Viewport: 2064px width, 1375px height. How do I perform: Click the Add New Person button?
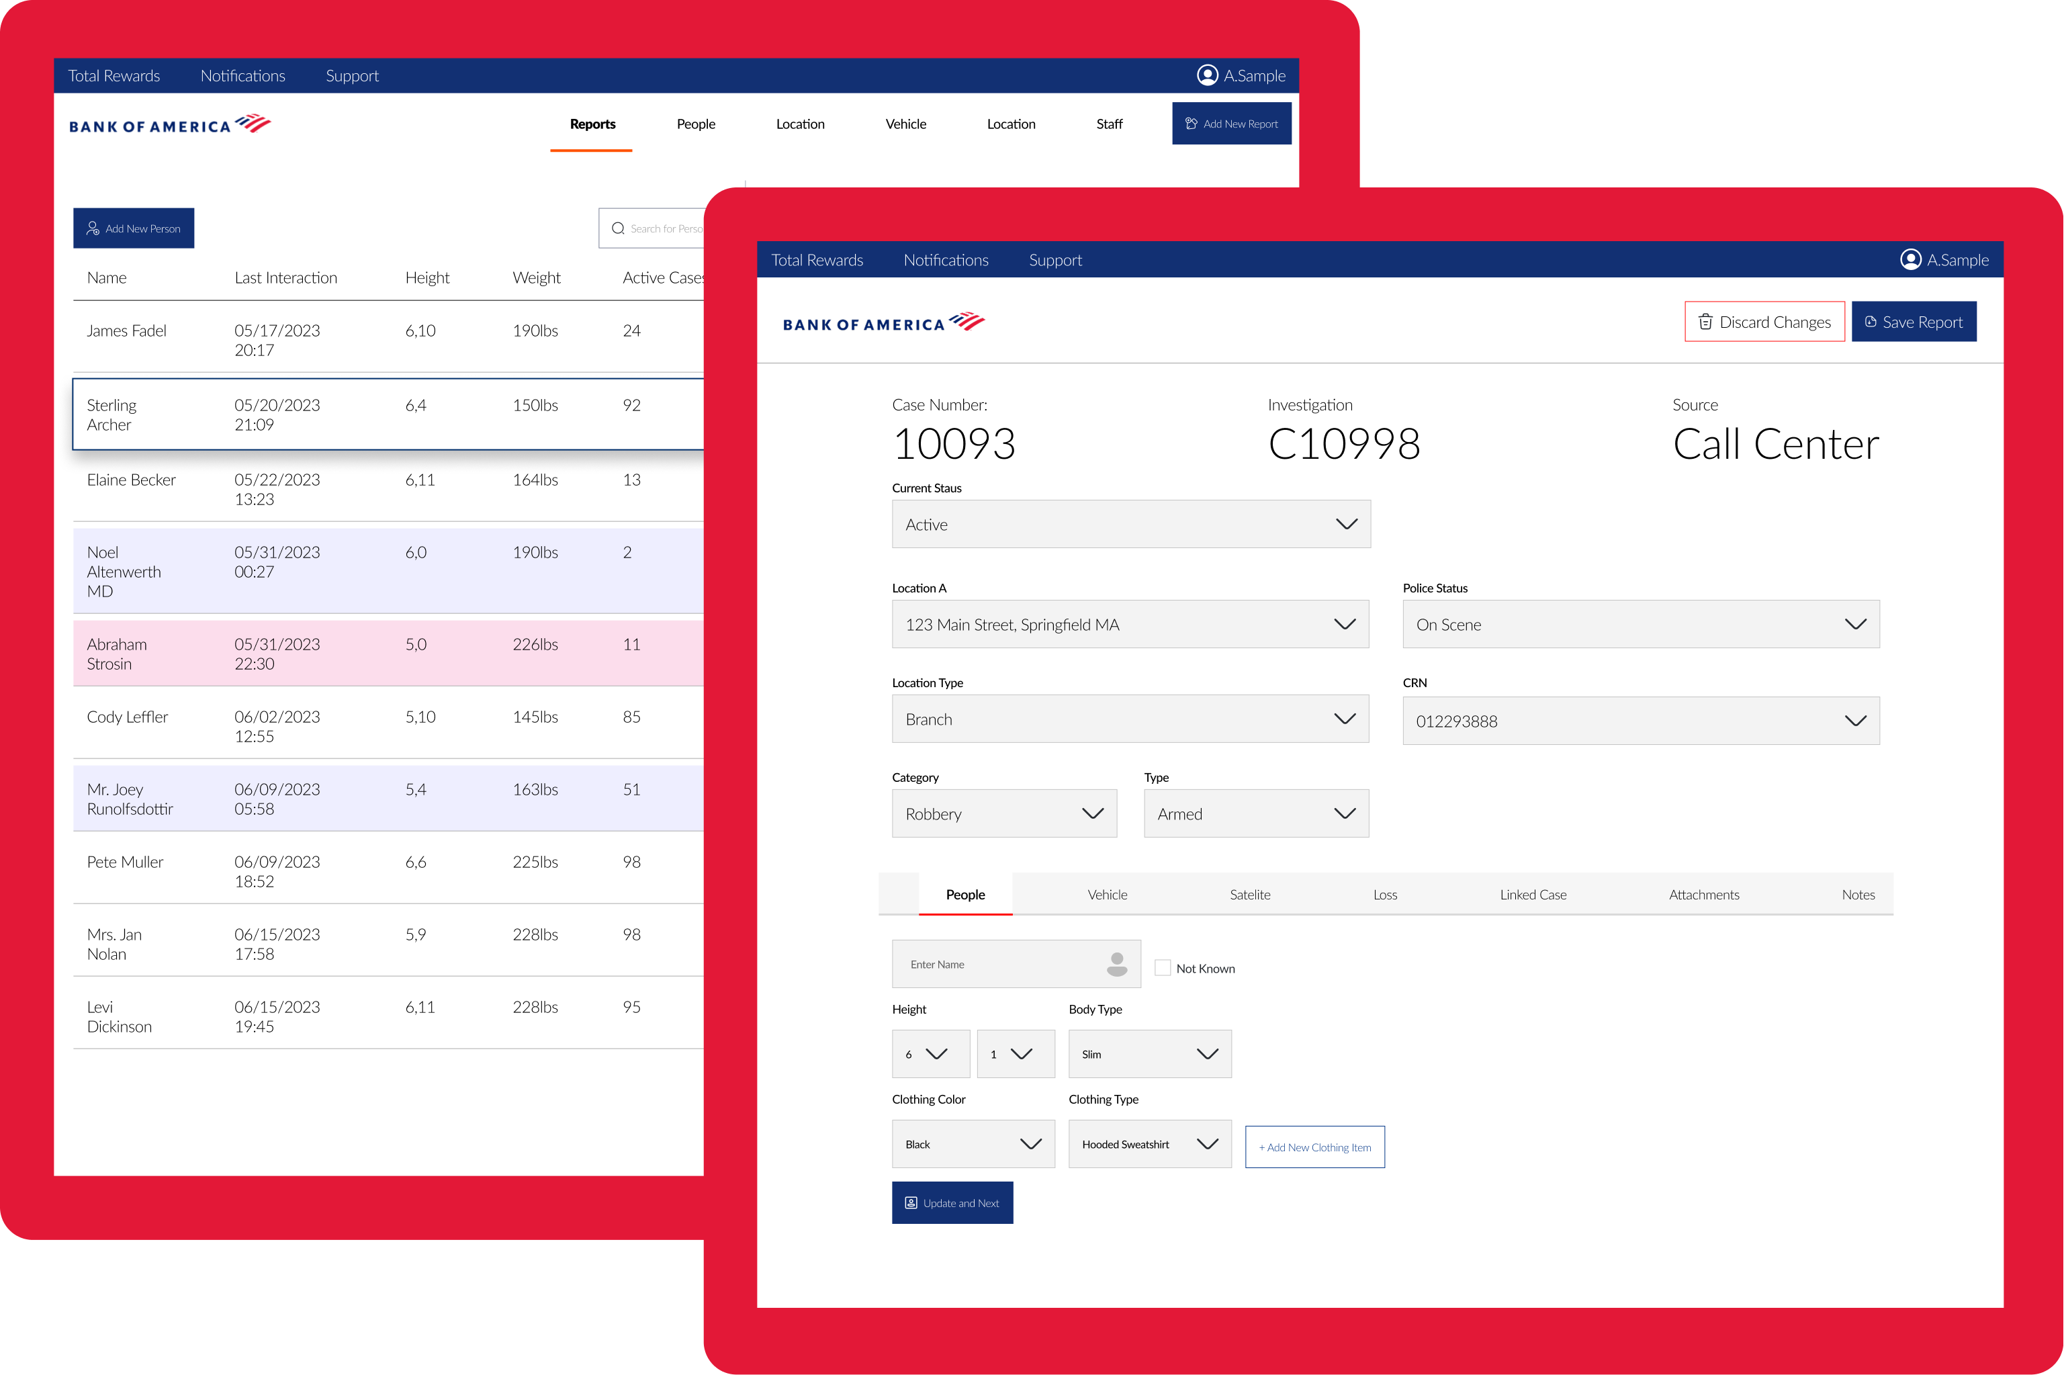[133, 228]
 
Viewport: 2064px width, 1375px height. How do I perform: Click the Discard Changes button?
[1764, 322]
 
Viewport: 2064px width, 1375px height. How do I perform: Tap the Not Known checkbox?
[1163, 967]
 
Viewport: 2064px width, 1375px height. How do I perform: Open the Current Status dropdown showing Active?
[1130, 525]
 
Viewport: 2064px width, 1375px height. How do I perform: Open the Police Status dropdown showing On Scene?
[1640, 625]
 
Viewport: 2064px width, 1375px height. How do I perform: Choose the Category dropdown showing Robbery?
[1004, 813]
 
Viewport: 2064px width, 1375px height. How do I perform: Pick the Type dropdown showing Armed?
[1255, 813]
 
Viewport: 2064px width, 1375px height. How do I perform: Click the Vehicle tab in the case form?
[1108, 895]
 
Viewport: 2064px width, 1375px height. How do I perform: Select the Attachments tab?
[1703, 895]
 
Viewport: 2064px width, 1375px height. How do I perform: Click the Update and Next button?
[952, 1202]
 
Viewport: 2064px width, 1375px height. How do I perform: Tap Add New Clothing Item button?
[1314, 1147]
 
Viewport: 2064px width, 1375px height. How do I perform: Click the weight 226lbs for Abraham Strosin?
[535, 645]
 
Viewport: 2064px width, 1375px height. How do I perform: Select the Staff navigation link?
[1109, 124]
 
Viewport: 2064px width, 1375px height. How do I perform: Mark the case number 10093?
[954, 444]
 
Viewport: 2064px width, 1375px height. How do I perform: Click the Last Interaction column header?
[286, 278]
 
